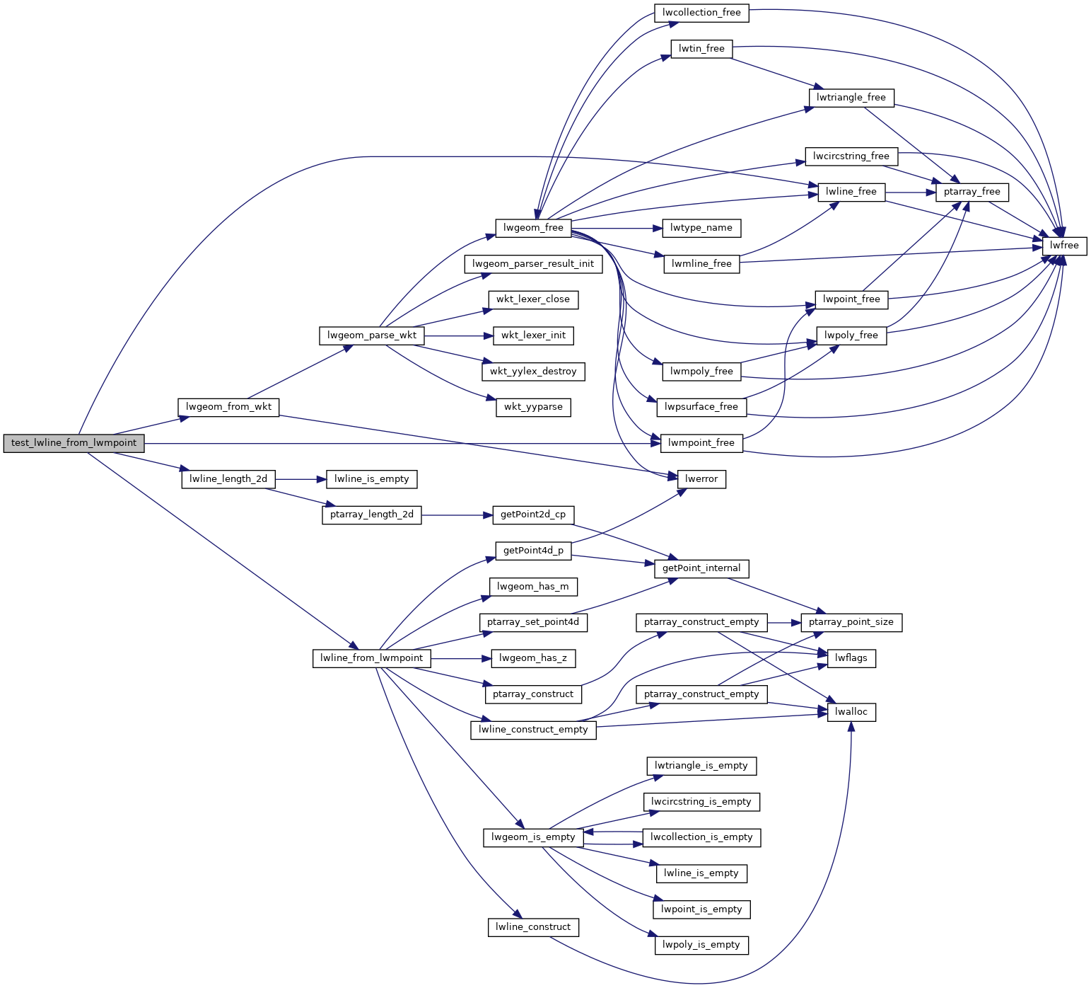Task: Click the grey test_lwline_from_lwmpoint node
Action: point(74,443)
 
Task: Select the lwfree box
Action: point(1064,246)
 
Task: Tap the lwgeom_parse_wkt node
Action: point(372,335)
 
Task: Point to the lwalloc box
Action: point(851,712)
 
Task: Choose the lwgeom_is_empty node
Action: point(533,837)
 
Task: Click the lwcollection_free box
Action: point(701,13)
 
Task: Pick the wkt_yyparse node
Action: point(533,408)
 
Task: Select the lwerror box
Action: point(701,479)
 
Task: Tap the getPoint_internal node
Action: point(701,568)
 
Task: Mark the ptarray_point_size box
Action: point(851,623)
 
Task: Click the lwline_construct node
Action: point(533,927)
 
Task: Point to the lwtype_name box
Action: point(701,228)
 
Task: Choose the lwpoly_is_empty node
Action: point(701,945)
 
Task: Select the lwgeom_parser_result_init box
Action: point(533,264)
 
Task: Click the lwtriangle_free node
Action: point(851,98)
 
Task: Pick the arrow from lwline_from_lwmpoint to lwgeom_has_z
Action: point(460,659)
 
